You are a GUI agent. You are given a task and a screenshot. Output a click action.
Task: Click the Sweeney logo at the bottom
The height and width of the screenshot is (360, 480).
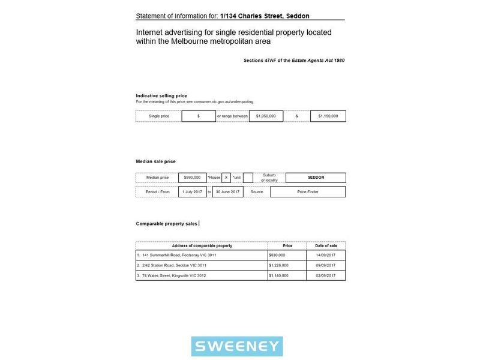tap(237, 346)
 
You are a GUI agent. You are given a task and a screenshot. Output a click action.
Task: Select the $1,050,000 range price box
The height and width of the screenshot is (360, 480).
tap(266, 116)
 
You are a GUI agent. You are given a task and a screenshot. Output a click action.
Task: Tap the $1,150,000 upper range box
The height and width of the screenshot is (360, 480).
tap(328, 116)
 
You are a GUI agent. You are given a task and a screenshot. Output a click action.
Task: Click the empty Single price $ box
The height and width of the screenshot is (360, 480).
tap(199, 116)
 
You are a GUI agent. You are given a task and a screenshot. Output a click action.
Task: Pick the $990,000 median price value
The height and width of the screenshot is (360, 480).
tap(192, 178)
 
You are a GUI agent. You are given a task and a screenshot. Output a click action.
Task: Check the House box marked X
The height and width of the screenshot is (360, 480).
tap(226, 178)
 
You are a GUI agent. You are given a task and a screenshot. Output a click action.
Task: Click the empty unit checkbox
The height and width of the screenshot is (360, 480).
tap(248, 178)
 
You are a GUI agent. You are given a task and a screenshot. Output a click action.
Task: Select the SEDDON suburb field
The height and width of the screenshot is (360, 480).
tap(316, 178)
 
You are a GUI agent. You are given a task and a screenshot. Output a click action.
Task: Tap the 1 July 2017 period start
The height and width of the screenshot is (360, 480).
tap(192, 192)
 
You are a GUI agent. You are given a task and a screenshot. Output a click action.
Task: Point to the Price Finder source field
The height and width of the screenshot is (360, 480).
tap(308, 192)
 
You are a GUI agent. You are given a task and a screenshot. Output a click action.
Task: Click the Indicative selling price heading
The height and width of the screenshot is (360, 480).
tap(161, 96)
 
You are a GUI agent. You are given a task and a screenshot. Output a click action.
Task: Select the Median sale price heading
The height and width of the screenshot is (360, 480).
tap(156, 161)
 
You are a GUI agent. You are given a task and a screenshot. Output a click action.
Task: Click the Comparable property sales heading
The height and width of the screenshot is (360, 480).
tap(166, 224)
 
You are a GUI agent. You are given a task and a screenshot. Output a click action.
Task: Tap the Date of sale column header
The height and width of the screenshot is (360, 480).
tap(326, 246)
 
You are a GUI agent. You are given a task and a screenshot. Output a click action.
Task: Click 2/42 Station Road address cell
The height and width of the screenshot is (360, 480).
tap(174, 265)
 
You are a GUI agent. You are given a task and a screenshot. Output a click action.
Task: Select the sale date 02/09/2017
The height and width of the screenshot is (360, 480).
tap(326, 275)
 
